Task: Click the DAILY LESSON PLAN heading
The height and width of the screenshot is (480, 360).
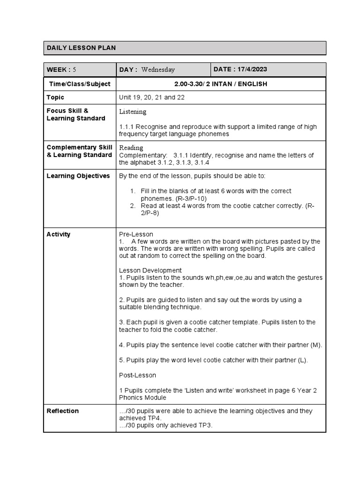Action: [81, 48]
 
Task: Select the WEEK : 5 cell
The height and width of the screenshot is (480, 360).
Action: [61, 69]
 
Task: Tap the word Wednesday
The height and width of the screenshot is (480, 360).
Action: [158, 70]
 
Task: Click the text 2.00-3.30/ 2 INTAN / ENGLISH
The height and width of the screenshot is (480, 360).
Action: [220, 84]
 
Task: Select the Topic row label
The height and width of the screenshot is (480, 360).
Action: [55, 97]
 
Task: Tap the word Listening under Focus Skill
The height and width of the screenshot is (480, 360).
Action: [133, 112]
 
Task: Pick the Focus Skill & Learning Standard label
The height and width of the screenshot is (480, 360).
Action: [75, 115]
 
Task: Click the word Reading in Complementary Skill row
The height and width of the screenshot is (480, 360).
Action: [131, 148]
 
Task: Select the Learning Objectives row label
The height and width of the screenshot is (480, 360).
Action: [78, 176]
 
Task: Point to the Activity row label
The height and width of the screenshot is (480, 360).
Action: [59, 234]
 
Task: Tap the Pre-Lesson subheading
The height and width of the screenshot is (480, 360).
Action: [136, 234]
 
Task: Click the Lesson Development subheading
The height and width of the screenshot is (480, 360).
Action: [150, 270]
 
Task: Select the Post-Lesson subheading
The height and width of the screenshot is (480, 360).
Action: [137, 375]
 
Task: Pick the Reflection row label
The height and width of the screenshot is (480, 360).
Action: [63, 411]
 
